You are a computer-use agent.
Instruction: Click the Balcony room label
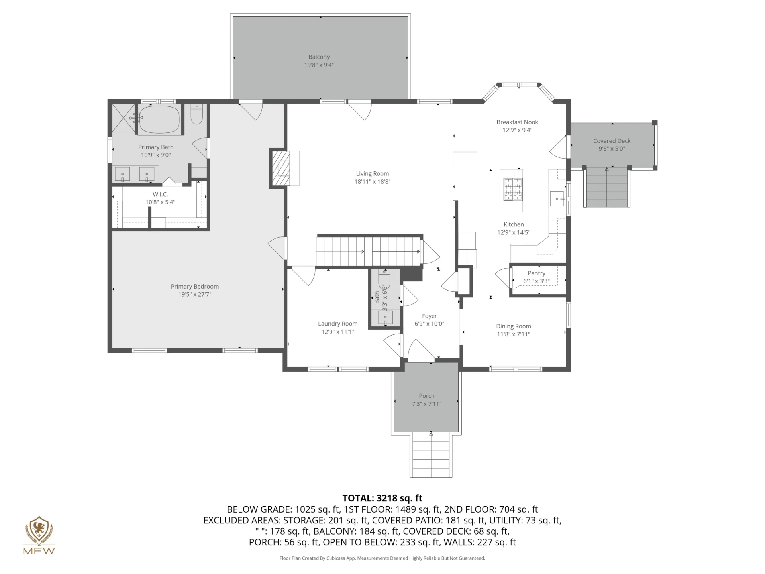(319, 57)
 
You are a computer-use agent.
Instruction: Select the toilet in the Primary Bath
(197, 114)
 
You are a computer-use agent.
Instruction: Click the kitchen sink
(557, 199)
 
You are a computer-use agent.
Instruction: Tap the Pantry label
(536, 273)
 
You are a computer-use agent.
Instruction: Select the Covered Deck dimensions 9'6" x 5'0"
(612, 149)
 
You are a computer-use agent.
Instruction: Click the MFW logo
(39, 535)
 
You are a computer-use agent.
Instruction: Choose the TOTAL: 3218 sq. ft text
(382, 498)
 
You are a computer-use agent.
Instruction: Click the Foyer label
(430, 316)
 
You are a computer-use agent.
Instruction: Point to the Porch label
(426, 396)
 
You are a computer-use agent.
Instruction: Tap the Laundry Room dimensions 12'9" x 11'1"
(337, 332)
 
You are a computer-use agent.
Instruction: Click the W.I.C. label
(160, 194)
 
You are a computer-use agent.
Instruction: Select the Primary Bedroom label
(195, 287)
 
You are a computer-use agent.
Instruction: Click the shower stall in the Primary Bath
(124, 118)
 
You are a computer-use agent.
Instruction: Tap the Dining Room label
(513, 326)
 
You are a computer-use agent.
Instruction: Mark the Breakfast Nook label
(517, 122)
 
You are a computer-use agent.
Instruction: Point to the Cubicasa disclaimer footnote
(382, 558)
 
